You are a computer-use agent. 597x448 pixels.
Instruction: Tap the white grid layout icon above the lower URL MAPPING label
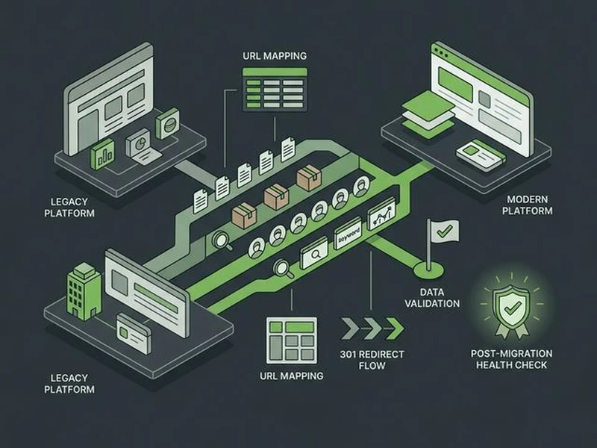(x=290, y=340)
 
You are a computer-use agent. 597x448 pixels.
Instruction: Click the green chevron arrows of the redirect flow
(x=372, y=327)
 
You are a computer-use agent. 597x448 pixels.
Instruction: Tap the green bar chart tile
(x=102, y=155)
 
